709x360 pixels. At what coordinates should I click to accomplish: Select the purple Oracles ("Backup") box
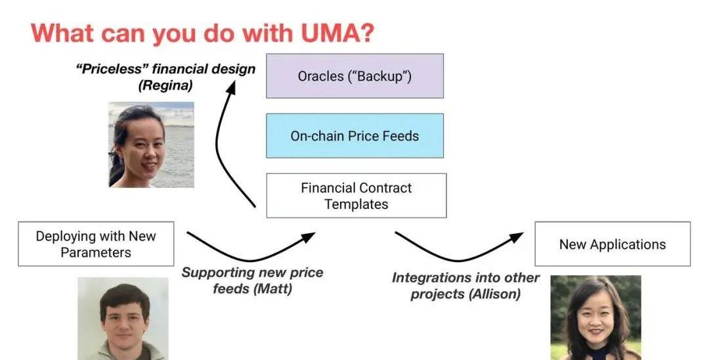pyautogui.click(x=354, y=76)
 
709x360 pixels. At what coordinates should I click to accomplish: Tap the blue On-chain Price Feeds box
pyautogui.click(x=354, y=136)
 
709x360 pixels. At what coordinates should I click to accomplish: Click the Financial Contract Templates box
pyautogui.click(x=356, y=196)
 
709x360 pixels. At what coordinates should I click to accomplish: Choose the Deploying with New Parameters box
pyautogui.click(x=96, y=244)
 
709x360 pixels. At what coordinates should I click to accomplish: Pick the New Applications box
pyautogui.click(x=612, y=244)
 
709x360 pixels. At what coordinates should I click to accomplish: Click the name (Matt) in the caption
pyautogui.click(x=272, y=288)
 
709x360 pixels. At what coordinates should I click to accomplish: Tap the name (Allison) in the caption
pyautogui.click(x=494, y=294)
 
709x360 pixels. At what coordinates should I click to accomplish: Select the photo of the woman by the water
pyautogui.click(x=151, y=145)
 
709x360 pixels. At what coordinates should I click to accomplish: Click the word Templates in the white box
pyautogui.click(x=356, y=204)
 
